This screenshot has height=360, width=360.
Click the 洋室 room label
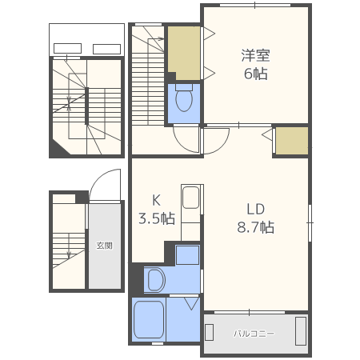pos(255,55)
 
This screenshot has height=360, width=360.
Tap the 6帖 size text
pos(255,74)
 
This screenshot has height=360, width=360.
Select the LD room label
pos(255,209)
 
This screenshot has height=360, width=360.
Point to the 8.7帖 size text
pos(255,227)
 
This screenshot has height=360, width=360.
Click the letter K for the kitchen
pos(156,200)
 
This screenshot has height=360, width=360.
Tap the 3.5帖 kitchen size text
pos(157,218)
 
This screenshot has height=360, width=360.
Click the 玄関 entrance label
pos(104,246)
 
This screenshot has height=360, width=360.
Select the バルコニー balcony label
pos(254,334)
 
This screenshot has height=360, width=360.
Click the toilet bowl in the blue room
pos(184,98)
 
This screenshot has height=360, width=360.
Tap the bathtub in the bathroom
pos(149,319)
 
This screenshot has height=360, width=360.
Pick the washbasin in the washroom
pos(156,280)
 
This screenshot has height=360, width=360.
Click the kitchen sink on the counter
pos(190,198)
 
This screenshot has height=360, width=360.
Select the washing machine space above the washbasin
pos(187,255)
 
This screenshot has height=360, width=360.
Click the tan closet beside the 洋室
pos(184,53)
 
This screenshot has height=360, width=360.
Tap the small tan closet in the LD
pos(292,141)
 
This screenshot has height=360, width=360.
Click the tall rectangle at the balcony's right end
pos(301,331)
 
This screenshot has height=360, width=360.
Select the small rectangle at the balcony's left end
pos(209,332)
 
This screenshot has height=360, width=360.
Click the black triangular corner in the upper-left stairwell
pos(58,148)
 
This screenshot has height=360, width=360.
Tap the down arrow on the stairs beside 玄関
pos(69,246)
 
